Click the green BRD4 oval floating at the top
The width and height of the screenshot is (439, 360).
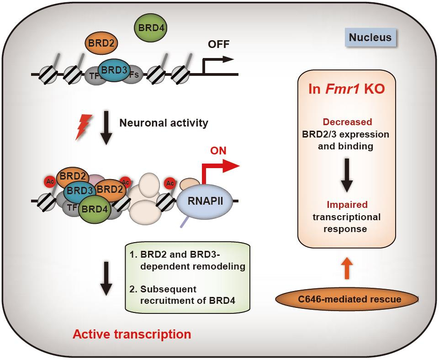click(151, 28)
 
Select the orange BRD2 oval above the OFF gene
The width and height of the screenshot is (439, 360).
click(101, 43)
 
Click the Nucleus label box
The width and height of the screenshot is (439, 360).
click(370, 37)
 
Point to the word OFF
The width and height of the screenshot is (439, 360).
click(218, 44)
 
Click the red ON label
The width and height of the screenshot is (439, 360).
click(218, 151)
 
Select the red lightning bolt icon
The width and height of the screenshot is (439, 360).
click(84, 127)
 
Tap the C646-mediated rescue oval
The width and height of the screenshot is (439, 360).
click(347, 299)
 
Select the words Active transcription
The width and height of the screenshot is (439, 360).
click(132, 334)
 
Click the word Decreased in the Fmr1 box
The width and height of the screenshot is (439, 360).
click(347, 122)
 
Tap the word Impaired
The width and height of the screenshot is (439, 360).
click(347, 205)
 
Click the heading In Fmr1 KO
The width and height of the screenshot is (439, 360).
click(347, 89)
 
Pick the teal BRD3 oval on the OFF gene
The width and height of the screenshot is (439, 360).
click(114, 70)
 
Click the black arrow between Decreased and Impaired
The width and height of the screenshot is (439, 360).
click(347, 175)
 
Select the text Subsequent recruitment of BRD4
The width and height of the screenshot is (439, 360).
click(188, 295)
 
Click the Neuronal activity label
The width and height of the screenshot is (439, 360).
click(164, 123)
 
